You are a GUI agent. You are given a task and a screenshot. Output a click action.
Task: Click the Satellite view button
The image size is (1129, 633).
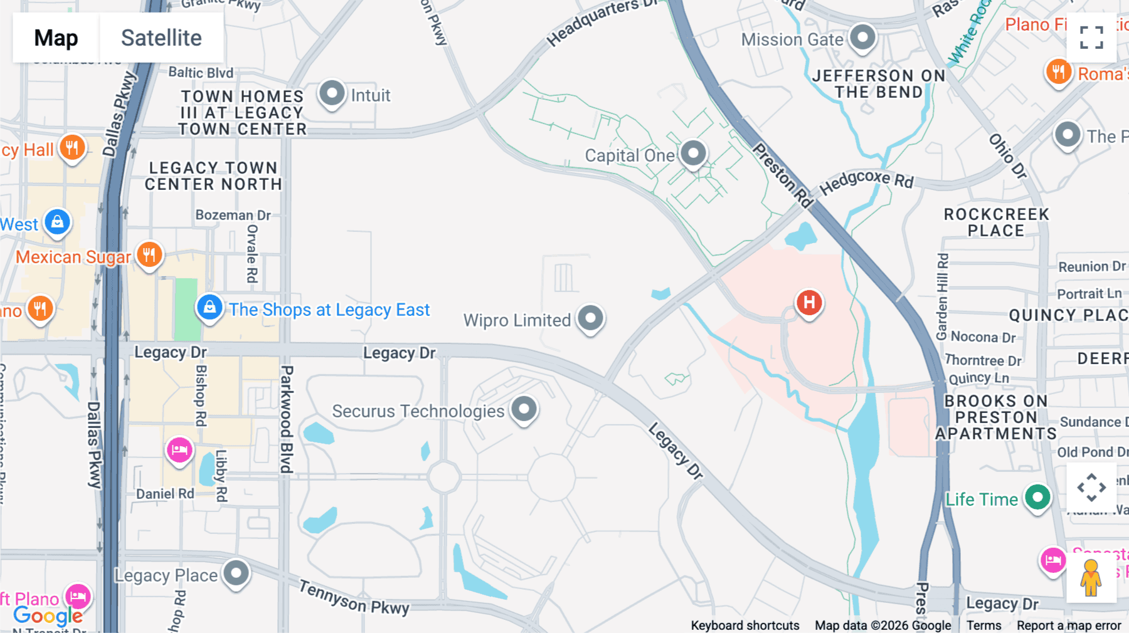(x=161, y=38)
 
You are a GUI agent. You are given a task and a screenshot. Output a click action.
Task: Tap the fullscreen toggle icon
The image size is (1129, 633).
(x=1091, y=38)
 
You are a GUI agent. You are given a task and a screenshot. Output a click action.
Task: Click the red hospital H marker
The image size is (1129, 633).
(x=809, y=303)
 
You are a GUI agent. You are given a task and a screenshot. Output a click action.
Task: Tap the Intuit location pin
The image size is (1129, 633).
(x=332, y=94)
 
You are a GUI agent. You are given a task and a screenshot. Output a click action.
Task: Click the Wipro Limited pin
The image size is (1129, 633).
(x=590, y=318)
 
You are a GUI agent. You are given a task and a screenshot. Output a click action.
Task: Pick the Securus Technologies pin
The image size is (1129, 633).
(x=524, y=410)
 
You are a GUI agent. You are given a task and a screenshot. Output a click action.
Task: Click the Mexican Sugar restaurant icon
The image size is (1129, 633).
(x=149, y=255)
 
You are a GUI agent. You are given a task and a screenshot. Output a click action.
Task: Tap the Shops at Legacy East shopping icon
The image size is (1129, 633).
(x=209, y=308)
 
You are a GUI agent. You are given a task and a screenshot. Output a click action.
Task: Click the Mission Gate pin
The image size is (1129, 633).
(x=862, y=38)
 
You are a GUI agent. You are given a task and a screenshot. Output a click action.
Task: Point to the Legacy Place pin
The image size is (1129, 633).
(x=236, y=573)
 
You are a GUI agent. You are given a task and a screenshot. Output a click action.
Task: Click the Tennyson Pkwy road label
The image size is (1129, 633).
(x=354, y=597)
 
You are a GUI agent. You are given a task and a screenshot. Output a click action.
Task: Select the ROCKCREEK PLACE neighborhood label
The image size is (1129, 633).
(x=996, y=222)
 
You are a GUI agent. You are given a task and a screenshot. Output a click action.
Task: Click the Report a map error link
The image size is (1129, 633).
(x=1069, y=625)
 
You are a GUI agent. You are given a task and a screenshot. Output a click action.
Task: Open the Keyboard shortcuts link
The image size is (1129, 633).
(x=745, y=625)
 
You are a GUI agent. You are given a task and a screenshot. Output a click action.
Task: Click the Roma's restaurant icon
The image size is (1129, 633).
(x=1058, y=72)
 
